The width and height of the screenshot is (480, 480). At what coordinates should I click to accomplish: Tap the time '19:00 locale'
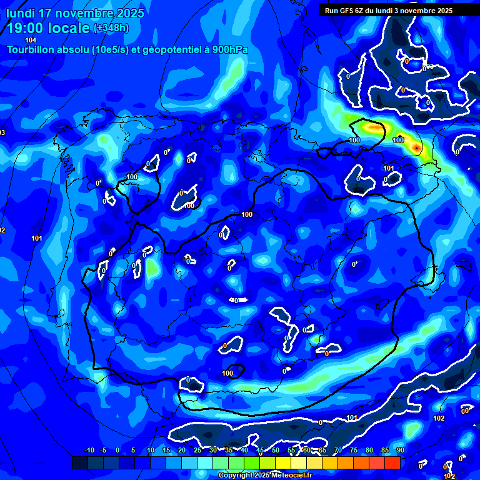pyautogui.click(x=48, y=28)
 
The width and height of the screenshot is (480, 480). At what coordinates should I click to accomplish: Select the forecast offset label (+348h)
pyautogui.click(x=111, y=28)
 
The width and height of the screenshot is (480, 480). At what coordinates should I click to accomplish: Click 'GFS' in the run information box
pyautogui.click(x=347, y=11)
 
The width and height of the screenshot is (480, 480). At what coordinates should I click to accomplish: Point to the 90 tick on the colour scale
pyautogui.click(x=400, y=450)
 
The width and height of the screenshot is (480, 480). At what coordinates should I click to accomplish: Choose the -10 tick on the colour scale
pyautogui.click(x=89, y=450)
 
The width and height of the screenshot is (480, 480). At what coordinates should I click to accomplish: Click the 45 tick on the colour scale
pyautogui.click(x=259, y=450)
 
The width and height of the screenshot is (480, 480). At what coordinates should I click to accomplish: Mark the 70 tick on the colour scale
pyautogui.click(x=338, y=450)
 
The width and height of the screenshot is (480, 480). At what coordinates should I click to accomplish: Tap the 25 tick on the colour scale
pyautogui.click(x=197, y=450)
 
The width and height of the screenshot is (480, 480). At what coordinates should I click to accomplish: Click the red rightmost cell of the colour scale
pyautogui.click(x=392, y=462)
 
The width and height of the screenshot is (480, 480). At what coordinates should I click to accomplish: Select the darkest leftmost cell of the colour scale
pyautogui.click(x=79, y=462)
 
